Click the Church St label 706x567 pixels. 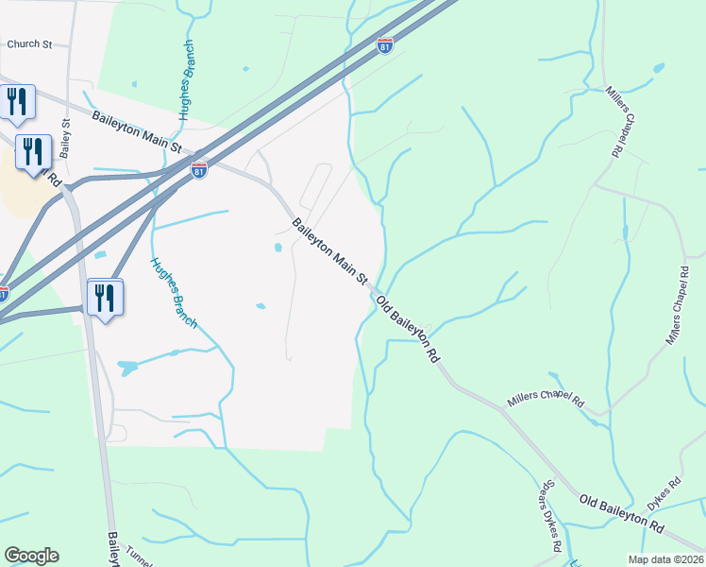[28, 43]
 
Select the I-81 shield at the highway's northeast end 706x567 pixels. [384, 44]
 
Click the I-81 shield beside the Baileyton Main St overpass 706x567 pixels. [198, 171]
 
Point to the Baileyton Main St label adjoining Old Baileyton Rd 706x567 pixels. [329, 251]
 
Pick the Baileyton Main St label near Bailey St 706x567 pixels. [137, 130]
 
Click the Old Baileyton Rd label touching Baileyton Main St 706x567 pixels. [409, 329]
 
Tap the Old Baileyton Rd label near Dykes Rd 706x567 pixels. [622, 511]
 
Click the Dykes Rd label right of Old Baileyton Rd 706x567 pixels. [665, 493]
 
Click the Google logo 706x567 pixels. [31, 556]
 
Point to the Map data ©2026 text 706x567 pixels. [666, 559]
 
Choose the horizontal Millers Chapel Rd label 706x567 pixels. [546, 400]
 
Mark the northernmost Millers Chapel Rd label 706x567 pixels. [615, 120]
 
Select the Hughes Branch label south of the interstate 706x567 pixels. [174, 293]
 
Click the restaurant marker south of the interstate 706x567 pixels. [105, 297]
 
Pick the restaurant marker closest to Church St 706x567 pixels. [17, 101]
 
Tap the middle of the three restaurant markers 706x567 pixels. [35, 152]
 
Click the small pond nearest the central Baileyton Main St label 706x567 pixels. [277, 249]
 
